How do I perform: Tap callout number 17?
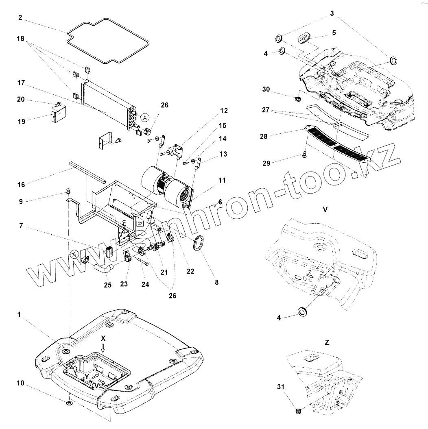[21, 83]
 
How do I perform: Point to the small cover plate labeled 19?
[59, 114]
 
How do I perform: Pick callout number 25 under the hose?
[107, 285]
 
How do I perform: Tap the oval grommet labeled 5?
[304, 38]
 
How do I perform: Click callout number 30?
[266, 89]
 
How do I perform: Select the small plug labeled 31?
[298, 412]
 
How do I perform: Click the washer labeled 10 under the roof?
[70, 403]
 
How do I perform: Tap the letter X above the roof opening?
[103, 338]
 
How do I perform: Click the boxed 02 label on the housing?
[140, 224]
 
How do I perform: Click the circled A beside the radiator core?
[145, 117]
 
